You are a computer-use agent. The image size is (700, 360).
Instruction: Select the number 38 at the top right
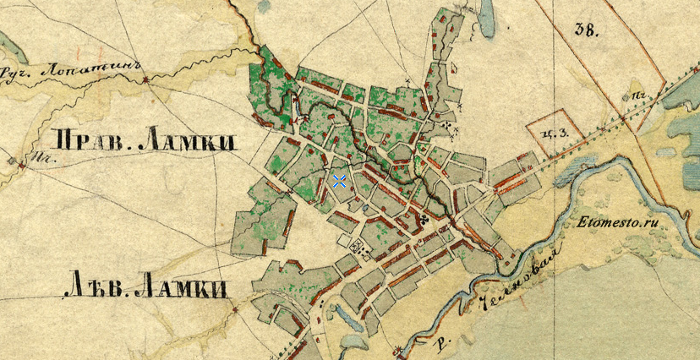point(585,30)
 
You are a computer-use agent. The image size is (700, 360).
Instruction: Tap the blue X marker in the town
point(339,181)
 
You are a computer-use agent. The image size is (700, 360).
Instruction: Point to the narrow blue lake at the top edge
point(487,17)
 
